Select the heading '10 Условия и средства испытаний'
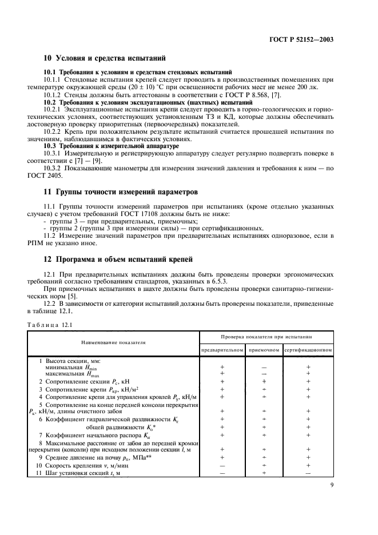click(105, 58)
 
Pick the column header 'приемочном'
click(264, 349)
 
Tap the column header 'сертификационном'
click(308, 349)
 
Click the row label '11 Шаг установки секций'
click(80, 473)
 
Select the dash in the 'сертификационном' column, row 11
click(308, 473)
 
